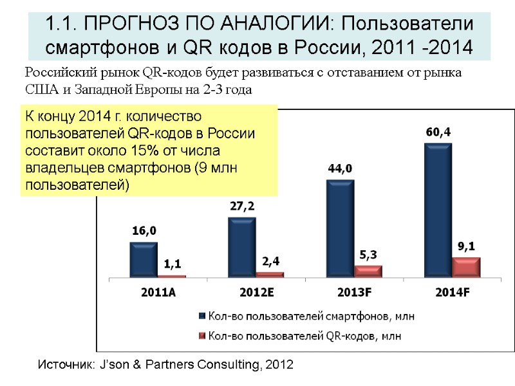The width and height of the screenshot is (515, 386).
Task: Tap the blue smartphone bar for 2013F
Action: pyautogui.click(x=340, y=228)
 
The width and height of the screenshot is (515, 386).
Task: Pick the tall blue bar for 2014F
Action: pyautogui.click(x=438, y=210)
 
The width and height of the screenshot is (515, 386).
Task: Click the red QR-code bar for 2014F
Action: pyautogui.click(x=466, y=267)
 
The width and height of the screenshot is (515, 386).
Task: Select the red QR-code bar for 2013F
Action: pyautogui.click(x=368, y=271)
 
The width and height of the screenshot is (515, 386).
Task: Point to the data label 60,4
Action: pyautogui.click(x=438, y=132)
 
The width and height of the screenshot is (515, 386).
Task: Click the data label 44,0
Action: pyautogui.click(x=340, y=169)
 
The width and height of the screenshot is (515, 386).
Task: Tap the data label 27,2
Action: pyautogui.click(x=242, y=207)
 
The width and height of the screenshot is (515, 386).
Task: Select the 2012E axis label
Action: pyautogui.click(x=256, y=292)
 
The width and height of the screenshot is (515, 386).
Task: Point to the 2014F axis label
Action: pyautogui.click(x=453, y=292)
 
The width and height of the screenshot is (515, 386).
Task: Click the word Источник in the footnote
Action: pyautogui.click(x=62, y=365)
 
